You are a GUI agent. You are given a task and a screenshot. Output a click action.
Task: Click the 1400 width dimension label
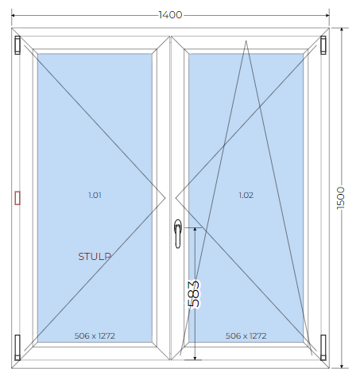point(170,15)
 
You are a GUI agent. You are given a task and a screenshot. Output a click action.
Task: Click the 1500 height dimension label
point(341,198)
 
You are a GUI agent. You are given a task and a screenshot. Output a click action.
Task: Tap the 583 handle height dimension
point(194,293)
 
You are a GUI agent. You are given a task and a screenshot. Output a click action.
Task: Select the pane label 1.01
point(95,196)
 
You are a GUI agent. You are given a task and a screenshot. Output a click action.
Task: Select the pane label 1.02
point(246,196)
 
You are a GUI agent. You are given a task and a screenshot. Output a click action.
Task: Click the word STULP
point(95,256)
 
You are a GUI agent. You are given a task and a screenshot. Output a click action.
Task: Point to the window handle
point(178,234)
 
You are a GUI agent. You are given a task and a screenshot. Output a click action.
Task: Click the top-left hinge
point(17,45)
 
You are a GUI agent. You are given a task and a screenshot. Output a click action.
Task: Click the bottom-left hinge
point(17,347)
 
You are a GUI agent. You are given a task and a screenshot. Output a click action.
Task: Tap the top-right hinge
point(323,45)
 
